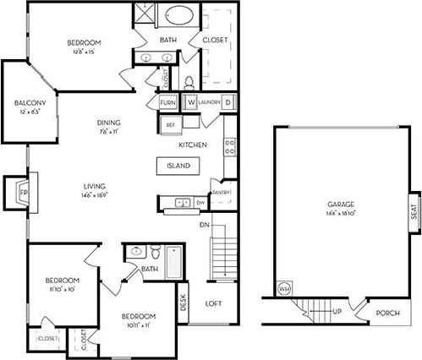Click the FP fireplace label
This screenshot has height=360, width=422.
pos(23,193)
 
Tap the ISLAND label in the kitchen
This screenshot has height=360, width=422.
pos(178,166)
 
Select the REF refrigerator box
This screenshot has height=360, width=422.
pos(170,124)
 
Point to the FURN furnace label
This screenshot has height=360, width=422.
pos(168,103)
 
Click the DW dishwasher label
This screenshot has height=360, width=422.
pos(200,203)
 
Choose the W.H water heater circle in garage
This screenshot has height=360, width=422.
pos(284,290)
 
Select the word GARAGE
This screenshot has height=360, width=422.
pos(340,204)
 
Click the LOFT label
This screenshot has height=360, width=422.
pos(213,303)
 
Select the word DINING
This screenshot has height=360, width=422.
pos(107,121)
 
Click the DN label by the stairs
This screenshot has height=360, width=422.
pos(203,225)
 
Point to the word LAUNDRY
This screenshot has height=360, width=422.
pos(211,103)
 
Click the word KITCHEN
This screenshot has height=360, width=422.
pos(193,145)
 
